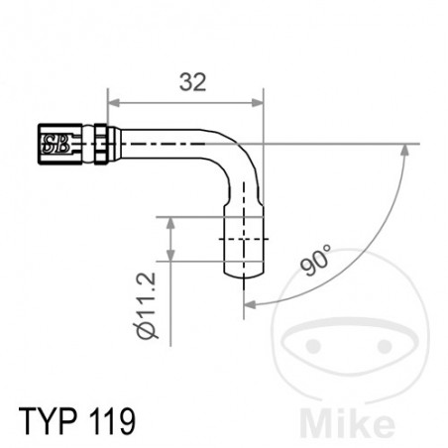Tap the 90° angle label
[316, 260]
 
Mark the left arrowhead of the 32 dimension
[114, 102]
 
